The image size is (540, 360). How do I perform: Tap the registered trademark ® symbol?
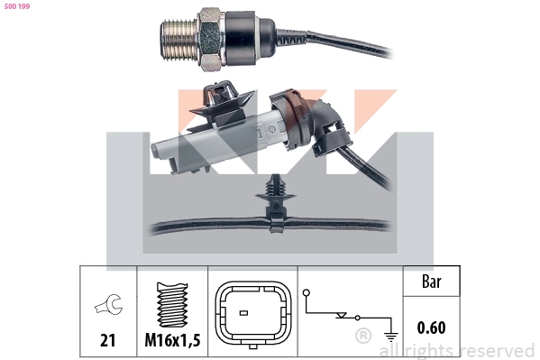click(363, 337)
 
